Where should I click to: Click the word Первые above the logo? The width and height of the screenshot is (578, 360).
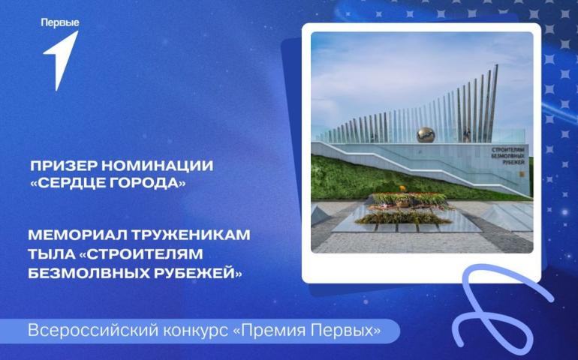click(x=60, y=22)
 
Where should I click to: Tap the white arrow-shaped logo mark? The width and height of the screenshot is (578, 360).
click(x=62, y=59)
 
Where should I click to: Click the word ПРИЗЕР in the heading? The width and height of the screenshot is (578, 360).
click(x=63, y=166)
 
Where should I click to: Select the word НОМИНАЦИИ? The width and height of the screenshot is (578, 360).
click(x=158, y=166)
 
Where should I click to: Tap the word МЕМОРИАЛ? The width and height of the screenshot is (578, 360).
click(x=77, y=235)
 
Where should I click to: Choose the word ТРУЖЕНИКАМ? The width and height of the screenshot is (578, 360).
click(x=191, y=235)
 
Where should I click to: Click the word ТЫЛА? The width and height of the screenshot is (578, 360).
click(x=51, y=254)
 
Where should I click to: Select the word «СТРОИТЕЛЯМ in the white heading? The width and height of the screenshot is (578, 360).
click(x=141, y=254)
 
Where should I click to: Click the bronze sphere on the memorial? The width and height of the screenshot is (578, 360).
click(x=426, y=135)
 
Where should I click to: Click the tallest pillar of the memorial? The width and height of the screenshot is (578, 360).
click(x=493, y=103)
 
